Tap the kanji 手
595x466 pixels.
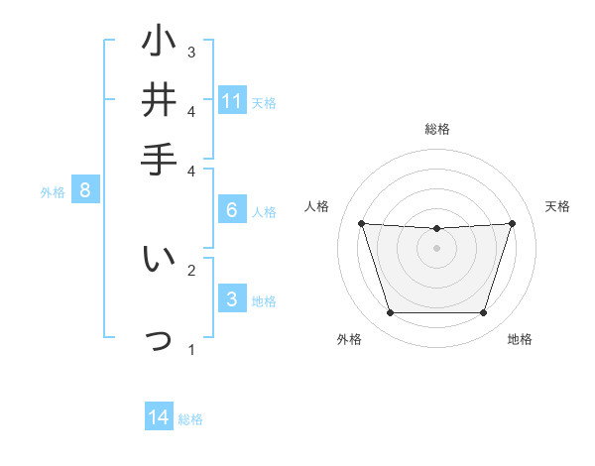pyautogui.click(x=159, y=159)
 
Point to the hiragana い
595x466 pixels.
pyautogui.click(x=159, y=260)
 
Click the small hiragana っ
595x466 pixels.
pyautogui.click(x=159, y=340)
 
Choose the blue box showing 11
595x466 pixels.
pyautogui.click(x=232, y=100)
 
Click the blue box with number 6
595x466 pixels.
pyautogui.click(x=231, y=209)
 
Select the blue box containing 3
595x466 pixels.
pyautogui.click(x=231, y=298)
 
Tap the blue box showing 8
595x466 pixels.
pyautogui.click(x=85, y=190)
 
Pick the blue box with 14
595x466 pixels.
pyautogui.click(x=159, y=417)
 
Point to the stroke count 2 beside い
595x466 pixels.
pyautogui.click(x=191, y=269)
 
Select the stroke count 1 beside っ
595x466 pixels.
pyautogui.click(x=191, y=349)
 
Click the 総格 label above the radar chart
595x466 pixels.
pyautogui.click(x=436, y=129)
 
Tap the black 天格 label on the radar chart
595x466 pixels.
pyautogui.click(x=557, y=206)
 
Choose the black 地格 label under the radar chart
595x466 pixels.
pyautogui.click(x=520, y=339)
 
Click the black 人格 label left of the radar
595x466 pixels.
pyautogui.click(x=317, y=206)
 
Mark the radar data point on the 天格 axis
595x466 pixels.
pyautogui.click(x=512, y=223)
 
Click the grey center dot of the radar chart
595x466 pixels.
pyautogui.click(x=436, y=248)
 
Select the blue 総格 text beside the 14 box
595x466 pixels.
pyautogui.click(x=190, y=419)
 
